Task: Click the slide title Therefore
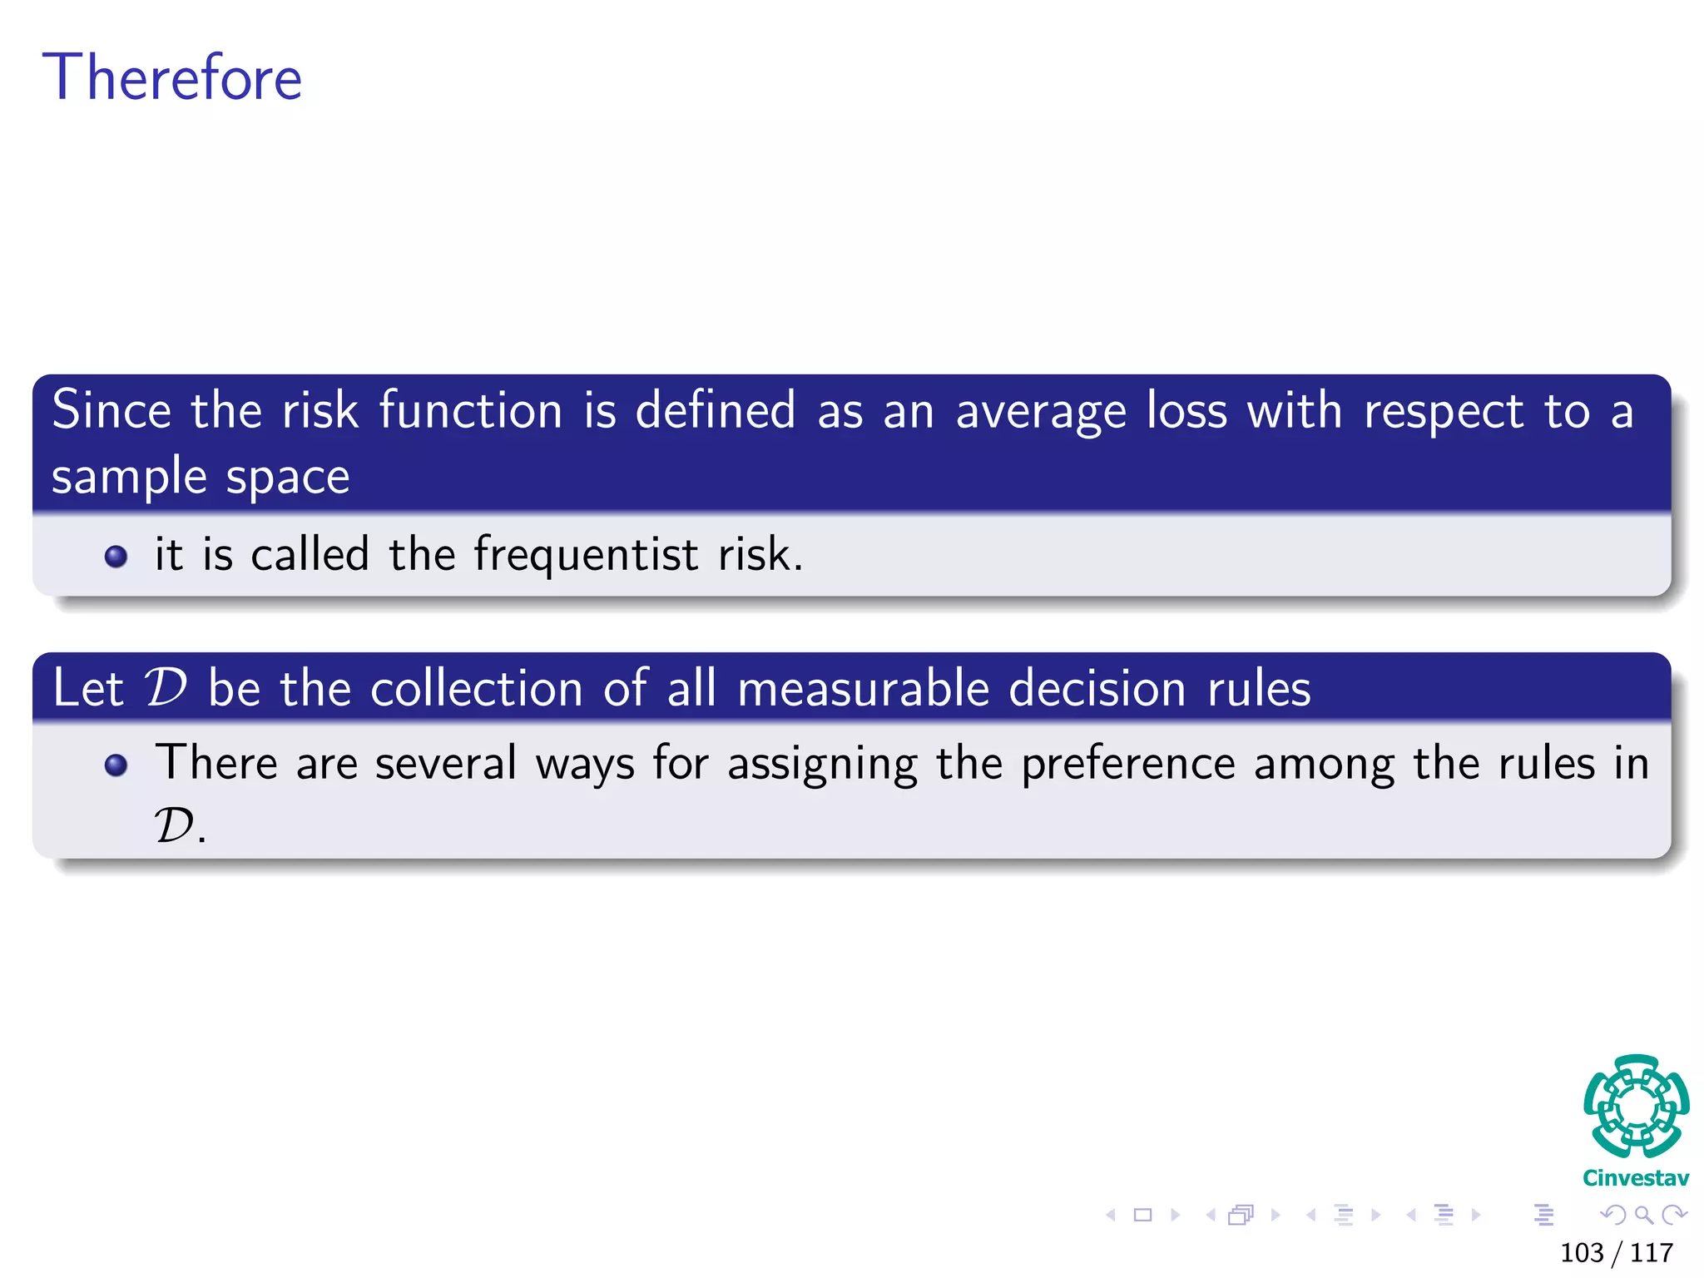(172, 77)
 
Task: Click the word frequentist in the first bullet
(586, 555)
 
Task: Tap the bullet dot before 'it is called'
(116, 556)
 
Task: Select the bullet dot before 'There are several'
(116, 765)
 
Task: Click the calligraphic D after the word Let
(166, 688)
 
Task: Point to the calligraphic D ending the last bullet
(175, 826)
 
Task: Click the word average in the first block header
(1040, 412)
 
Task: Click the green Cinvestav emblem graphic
(1636, 1107)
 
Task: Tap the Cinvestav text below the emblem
(1636, 1178)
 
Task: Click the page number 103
(1582, 1252)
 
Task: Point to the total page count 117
(1652, 1252)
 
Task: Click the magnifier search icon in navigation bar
(1643, 1215)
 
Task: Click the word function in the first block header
(471, 410)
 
